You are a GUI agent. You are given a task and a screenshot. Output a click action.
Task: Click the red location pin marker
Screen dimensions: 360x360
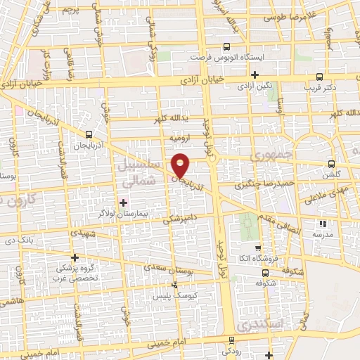[x=181, y=165]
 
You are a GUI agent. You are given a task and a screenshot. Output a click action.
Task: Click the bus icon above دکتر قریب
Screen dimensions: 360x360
[x=320, y=77]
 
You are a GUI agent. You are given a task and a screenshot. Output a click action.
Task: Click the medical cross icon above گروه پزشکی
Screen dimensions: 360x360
[x=75, y=257]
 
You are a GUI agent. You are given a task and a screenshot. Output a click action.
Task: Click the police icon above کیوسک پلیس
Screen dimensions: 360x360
[x=174, y=285]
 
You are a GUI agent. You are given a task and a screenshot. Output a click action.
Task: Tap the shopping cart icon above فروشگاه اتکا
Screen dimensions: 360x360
[x=258, y=247]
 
